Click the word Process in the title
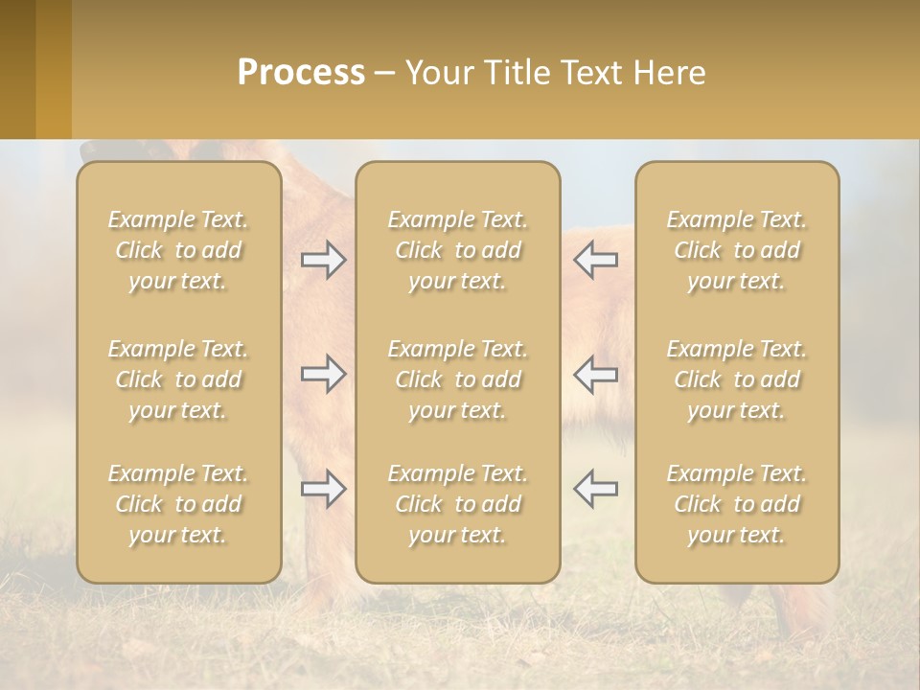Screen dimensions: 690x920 point(301,73)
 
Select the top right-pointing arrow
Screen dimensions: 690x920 point(324,260)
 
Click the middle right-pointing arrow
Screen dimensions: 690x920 point(324,374)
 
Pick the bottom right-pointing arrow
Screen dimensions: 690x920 point(324,489)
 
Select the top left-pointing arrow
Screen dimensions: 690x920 point(595,260)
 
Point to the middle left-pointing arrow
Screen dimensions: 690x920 point(595,374)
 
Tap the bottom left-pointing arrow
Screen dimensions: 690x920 point(595,489)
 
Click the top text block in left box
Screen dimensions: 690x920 point(178,250)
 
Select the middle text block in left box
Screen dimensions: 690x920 point(178,379)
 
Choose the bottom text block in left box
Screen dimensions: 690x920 point(178,504)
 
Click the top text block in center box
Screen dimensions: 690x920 point(457,250)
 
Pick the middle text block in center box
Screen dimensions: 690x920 point(457,379)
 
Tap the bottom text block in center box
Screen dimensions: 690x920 point(457,504)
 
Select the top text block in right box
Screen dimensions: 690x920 point(736,250)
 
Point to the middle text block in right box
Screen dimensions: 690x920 point(736,379)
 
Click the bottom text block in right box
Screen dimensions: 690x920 point(736,504)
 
